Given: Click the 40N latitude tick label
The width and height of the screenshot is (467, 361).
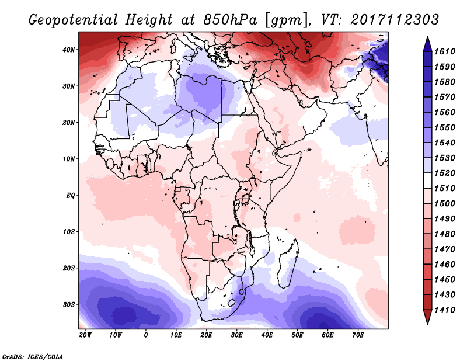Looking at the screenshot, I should tap(69, 50).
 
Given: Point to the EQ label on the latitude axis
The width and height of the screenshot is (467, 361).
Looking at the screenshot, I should tap(70, 195).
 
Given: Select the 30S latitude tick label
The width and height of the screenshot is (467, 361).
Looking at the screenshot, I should tap(69, 304).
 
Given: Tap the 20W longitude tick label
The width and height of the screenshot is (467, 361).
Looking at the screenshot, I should tap(85, 335).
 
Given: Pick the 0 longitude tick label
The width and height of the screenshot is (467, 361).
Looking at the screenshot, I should tap(146, 335).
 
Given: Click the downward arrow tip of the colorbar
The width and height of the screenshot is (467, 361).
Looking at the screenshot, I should tap(427, 322).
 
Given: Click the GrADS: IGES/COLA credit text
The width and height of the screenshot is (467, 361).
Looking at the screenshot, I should tap(33, 355).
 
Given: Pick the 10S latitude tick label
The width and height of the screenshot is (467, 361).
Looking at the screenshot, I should tap(69, 232).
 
